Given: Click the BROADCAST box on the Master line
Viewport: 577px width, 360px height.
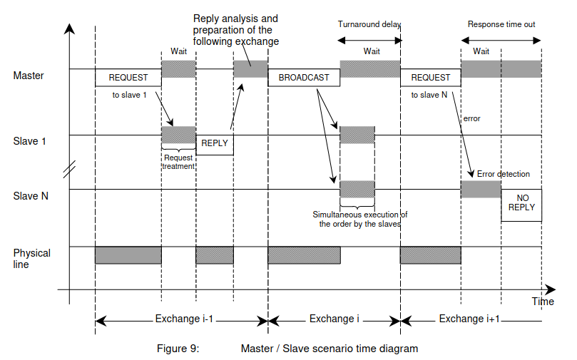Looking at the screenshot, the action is click(x=304, y=78).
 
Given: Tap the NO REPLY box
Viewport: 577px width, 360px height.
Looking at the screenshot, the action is click(x=521, y=205).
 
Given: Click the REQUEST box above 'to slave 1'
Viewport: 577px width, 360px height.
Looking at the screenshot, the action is click(x=128, y=78).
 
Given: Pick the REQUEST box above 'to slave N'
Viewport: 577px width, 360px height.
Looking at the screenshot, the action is click(x=431, y=78).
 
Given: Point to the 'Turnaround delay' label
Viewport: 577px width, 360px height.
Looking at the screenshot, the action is click(x=369, y=24).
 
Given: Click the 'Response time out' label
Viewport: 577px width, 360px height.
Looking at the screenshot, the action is click(x=501, y=24).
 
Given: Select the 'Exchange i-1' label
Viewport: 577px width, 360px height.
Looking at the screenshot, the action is click(x=184, y=319).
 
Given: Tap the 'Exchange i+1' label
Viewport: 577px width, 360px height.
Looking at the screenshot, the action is click(x=469, y=319).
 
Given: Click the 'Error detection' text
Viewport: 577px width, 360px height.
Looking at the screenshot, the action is click(x=504, y=174).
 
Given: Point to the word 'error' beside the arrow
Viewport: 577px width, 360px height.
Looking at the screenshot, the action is click(x=471, y=118).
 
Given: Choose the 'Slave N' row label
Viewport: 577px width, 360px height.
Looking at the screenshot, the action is click(x=31, y=196).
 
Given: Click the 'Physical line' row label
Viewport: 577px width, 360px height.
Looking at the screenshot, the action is click(x=31, y=259).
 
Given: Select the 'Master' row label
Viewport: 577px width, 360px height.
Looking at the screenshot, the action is click(x=29, y=76).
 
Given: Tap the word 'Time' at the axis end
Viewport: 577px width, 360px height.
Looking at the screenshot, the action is click(x=543, y=302).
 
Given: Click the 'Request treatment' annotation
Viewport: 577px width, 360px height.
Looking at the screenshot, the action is click(x=178, y=162).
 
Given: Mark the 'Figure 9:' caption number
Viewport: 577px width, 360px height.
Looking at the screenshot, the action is click(x=178, y=348).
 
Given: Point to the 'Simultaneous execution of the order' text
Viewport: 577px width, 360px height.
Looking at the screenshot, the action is click(x=360, y=219).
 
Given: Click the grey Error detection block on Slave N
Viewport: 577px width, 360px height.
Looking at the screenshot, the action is click(x=481, y=190).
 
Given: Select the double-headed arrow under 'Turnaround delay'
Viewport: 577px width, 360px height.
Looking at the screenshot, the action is click(x=369, y=41).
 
